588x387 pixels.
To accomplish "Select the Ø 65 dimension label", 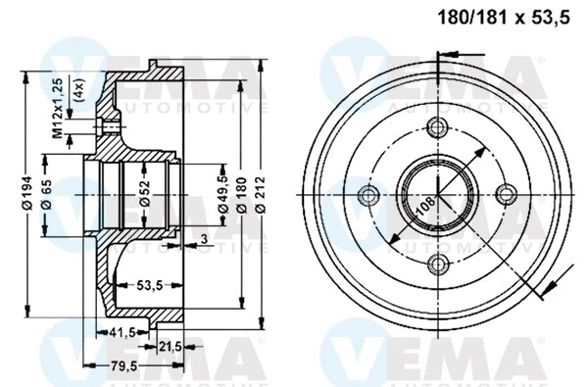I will click(48, 201).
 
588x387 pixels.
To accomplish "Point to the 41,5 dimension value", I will click(122, 332).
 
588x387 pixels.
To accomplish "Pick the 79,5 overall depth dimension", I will click(122, 367).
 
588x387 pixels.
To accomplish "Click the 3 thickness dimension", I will click(202, 238).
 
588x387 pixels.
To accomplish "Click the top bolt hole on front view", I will click(438, 126).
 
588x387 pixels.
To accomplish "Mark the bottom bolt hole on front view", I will click(437, 261).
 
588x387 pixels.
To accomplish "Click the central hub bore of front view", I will click(437, 193).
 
